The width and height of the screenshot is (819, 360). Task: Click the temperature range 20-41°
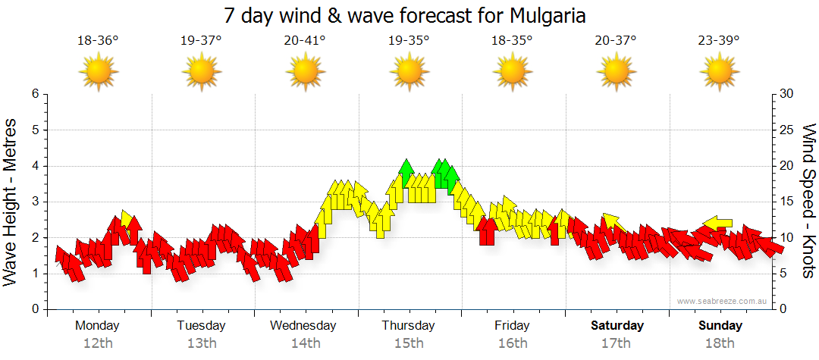305,41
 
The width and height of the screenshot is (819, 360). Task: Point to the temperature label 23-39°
719,41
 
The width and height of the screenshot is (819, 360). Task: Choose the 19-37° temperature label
201,41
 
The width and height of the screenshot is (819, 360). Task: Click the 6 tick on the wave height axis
34,94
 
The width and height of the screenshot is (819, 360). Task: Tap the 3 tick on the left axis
34,202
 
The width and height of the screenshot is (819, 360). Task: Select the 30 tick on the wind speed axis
786,94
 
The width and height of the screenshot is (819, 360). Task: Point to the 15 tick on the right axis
786,202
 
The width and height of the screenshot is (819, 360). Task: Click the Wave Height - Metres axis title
11,202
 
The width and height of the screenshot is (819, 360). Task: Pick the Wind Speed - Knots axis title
808,202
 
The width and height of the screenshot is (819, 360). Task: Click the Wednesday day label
303,326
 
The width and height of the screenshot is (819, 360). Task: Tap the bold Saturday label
617,326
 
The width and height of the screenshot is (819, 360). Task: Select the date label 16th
513,343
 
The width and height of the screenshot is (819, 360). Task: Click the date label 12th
98,343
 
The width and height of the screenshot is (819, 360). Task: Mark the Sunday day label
720,326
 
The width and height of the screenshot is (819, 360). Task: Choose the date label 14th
305,343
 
